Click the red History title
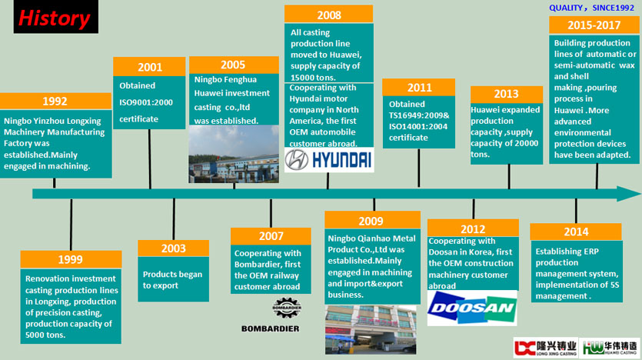pyautogui.click(x=54, y=18)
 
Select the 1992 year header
pyautogui.click(x=55, y=102)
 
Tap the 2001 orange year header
pyautogui.click(x=149, y=67)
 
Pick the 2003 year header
pyautogui.click(x=174, y=248)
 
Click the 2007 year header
pyautogui.click(x=271, y=236)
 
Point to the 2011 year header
pyautogui.click(x=419, y=87)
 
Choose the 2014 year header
pyautogui.click(x=576, y=232)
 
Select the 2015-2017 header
pyautogui.click(x=594, y=25)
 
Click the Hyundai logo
pyautogui.click(x=329, y=160)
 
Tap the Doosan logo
pyautogui.click(x=472, y=308)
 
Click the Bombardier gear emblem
pyautogui.click(x=287, y=308)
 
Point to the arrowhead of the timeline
pyautogui.click(x=629, y=194)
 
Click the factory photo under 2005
pyautogui.click(x=234, y=154)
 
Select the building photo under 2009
pyautogui.click(x=371, y=330)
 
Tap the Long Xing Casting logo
pyautogui.click(x=545, y=348)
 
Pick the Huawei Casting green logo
pyautogui.click(x=610, y=348)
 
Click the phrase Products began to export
pyautogui.click(x=172, y=280)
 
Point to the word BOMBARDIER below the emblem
pyautogui.click(x=270, y=328)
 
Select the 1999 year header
pyautogui.click(x=71, y=260)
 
